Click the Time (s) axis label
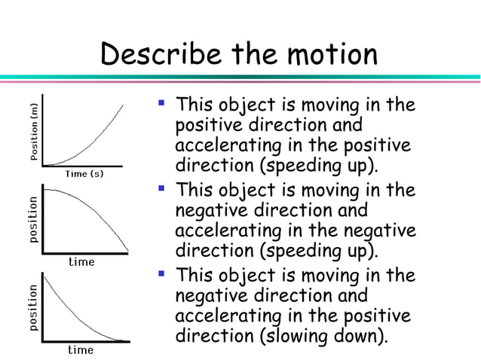84,174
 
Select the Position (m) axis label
34,133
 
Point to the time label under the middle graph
81,262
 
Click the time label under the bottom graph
81,349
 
